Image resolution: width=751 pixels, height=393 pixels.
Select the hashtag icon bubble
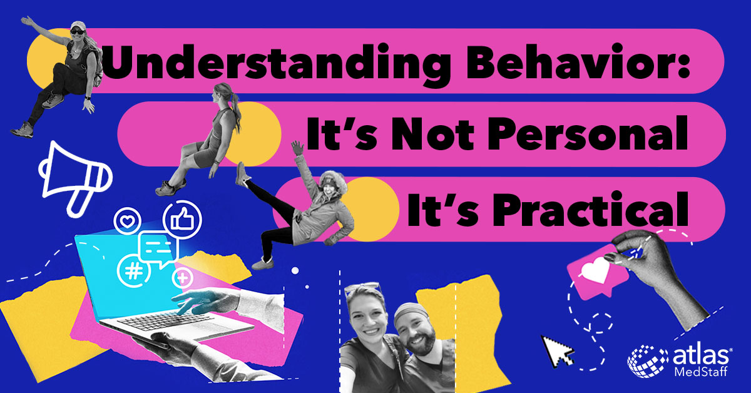tap(133, 271)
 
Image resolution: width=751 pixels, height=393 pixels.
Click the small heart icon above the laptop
tap(127, 221)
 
